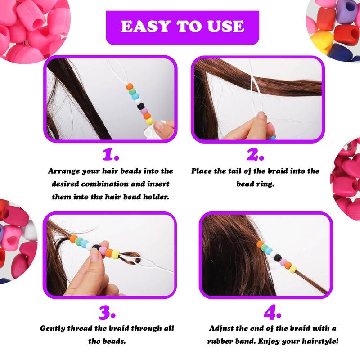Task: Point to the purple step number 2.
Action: click(255, 155)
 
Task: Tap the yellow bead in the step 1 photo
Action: click(148, 121)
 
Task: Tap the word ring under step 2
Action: click(264, 184)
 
